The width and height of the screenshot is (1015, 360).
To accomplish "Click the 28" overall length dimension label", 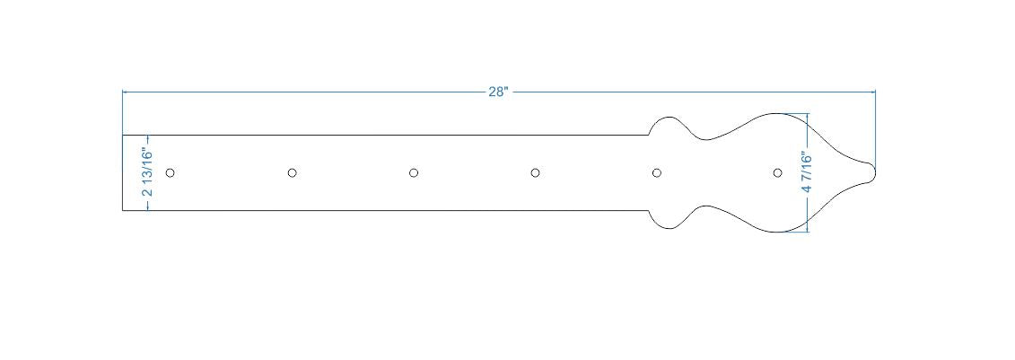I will point(498,92).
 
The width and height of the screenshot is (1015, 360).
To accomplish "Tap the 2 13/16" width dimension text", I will point(147,172).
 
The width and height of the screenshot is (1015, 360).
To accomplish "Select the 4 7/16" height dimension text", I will point(808,172).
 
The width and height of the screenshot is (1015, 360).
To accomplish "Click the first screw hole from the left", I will point(171,172).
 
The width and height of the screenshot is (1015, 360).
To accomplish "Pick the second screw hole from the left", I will point(292,172).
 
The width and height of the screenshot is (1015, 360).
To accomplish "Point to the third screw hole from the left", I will point(414,172).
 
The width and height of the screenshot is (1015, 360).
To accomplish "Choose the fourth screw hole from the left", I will point(535,172).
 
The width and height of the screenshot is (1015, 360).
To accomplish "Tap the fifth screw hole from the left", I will point(657,172).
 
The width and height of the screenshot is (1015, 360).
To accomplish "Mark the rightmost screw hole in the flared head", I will point(778,172).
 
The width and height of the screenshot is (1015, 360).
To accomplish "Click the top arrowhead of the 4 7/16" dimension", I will point(808,116).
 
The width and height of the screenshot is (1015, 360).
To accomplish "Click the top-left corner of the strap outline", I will point(122,136).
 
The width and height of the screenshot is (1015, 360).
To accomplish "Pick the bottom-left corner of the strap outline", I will point(122,210).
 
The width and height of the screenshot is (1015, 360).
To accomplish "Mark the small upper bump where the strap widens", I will point(666,118).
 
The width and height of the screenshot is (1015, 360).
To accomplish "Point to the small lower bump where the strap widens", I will point(666,227).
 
